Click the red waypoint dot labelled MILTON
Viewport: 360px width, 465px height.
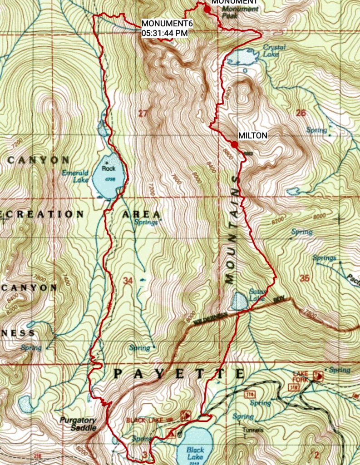tap(234, 144)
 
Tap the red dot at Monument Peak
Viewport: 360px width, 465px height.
tap(207, 9)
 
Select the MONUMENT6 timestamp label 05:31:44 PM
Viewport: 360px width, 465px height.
tap(164, 33)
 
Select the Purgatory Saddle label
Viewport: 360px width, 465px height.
tap(78, 424)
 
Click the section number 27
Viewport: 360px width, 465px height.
tap(143, 114)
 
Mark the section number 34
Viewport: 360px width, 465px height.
tap(128, 281)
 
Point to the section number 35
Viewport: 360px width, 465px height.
tap(304, 278)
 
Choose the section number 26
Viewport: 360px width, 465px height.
tap(301, 113)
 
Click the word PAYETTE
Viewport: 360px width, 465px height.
tap(179, 374)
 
